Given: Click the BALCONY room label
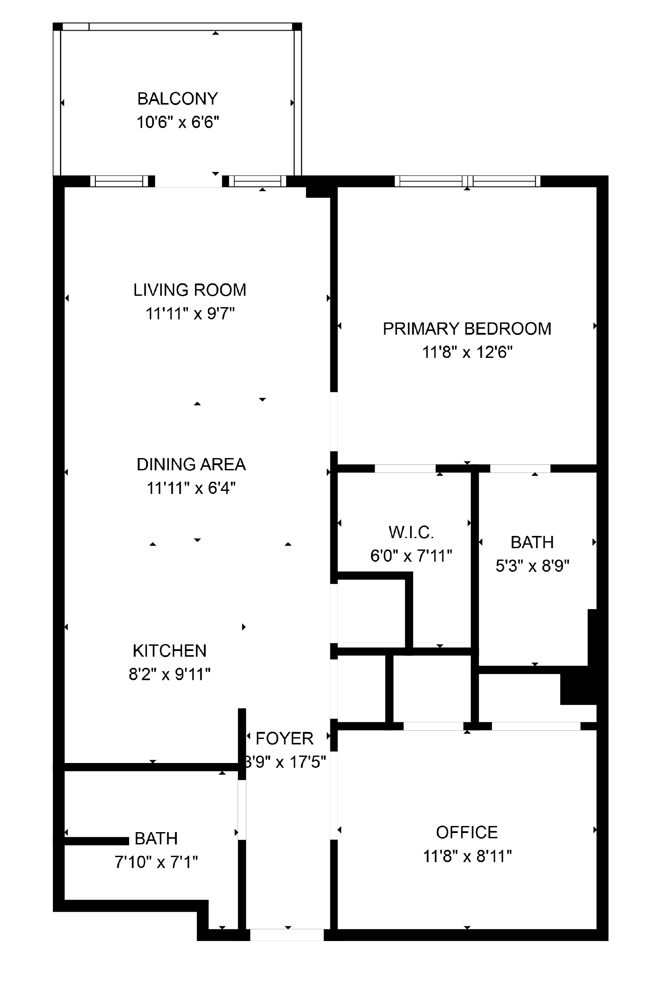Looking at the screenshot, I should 177,99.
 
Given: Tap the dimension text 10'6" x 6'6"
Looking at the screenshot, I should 177,122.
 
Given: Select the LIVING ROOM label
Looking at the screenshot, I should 189,290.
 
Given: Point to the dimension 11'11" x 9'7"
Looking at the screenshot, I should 190,314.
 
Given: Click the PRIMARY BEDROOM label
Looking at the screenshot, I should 467,329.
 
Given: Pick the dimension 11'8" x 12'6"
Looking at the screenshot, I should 467,352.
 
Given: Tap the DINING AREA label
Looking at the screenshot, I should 191,465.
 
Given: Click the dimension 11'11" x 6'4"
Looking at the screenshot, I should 191,488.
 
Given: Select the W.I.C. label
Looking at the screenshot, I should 411,532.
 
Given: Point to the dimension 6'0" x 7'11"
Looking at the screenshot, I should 411,556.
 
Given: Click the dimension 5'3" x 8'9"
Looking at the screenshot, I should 532,567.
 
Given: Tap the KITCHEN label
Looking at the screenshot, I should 169,651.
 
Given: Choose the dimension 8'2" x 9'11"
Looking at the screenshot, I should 169,675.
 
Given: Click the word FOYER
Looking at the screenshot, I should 284,739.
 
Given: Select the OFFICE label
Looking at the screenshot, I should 467,833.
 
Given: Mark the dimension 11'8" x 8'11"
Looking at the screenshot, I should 467,856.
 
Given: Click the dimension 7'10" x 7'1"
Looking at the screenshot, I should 156,862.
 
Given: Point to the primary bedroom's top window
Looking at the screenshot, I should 467,181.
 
